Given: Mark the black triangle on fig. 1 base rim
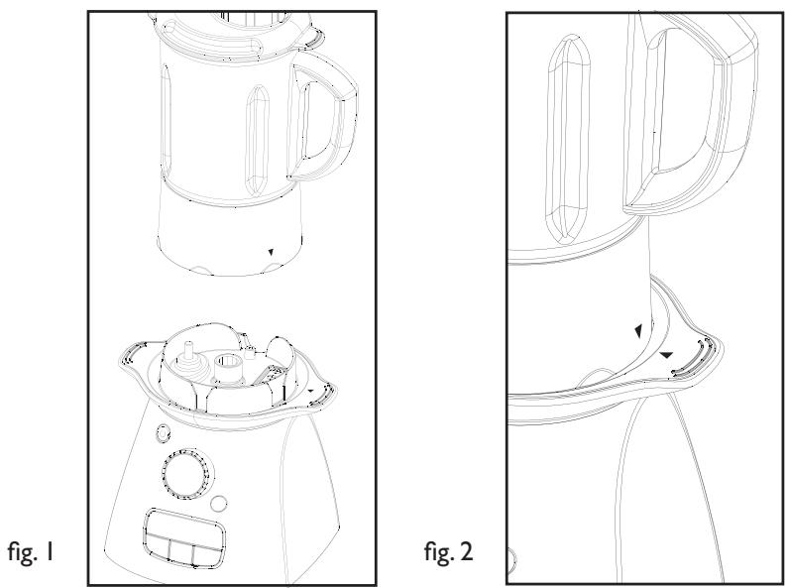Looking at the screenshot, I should pyautogui.click(x=314, y=393).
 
